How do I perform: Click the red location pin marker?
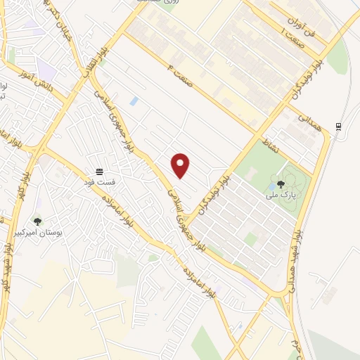[x=181, y=165]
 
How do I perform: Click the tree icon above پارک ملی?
[x=281, y=185]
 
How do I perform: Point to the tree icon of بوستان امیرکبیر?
[x=37, y=221]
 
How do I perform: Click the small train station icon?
[x=339, y=126]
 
